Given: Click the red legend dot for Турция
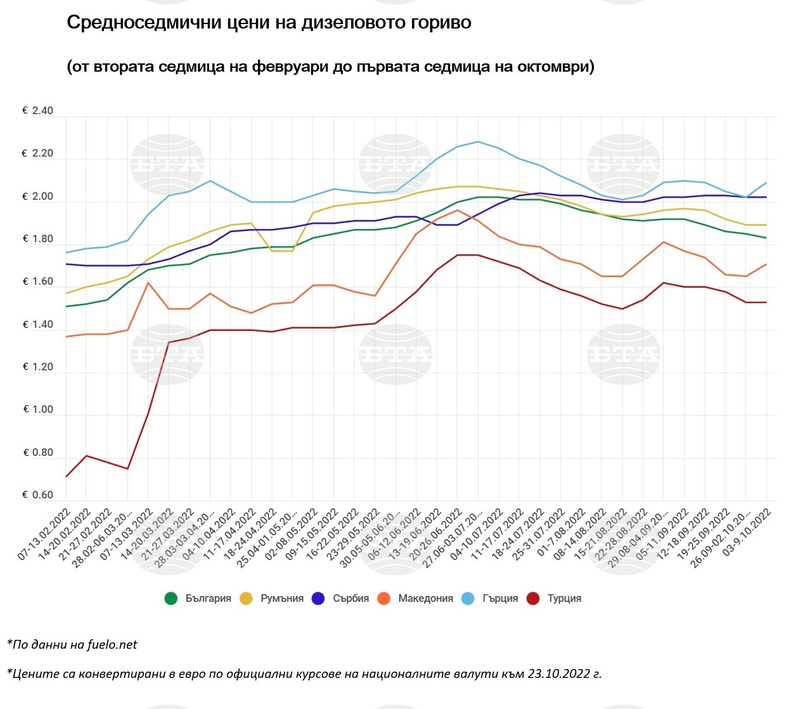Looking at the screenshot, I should [x=534, y=598].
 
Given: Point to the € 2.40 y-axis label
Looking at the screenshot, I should [x=38, y=111].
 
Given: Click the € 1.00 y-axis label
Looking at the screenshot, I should [x=38, y=410].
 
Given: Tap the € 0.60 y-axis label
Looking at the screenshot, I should [x=38, y=495].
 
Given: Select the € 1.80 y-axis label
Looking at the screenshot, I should [x=38, y=239].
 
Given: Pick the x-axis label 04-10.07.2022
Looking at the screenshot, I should [x=476, y=534].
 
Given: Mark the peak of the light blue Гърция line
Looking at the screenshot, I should [x=478, y=141].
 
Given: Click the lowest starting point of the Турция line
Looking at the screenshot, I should [x=66, y=476].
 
